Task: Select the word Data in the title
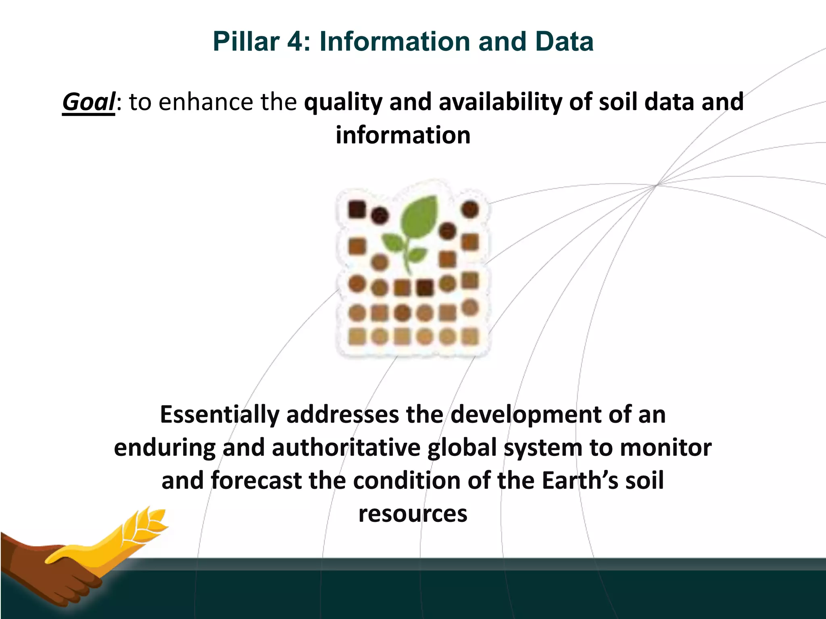tap(565, 42)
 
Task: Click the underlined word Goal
tap(89, 102)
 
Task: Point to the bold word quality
tap(343, 102)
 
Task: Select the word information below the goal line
tap(403, 135)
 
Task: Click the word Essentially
tap(219, 415)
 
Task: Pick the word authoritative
tap(346, 448)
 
